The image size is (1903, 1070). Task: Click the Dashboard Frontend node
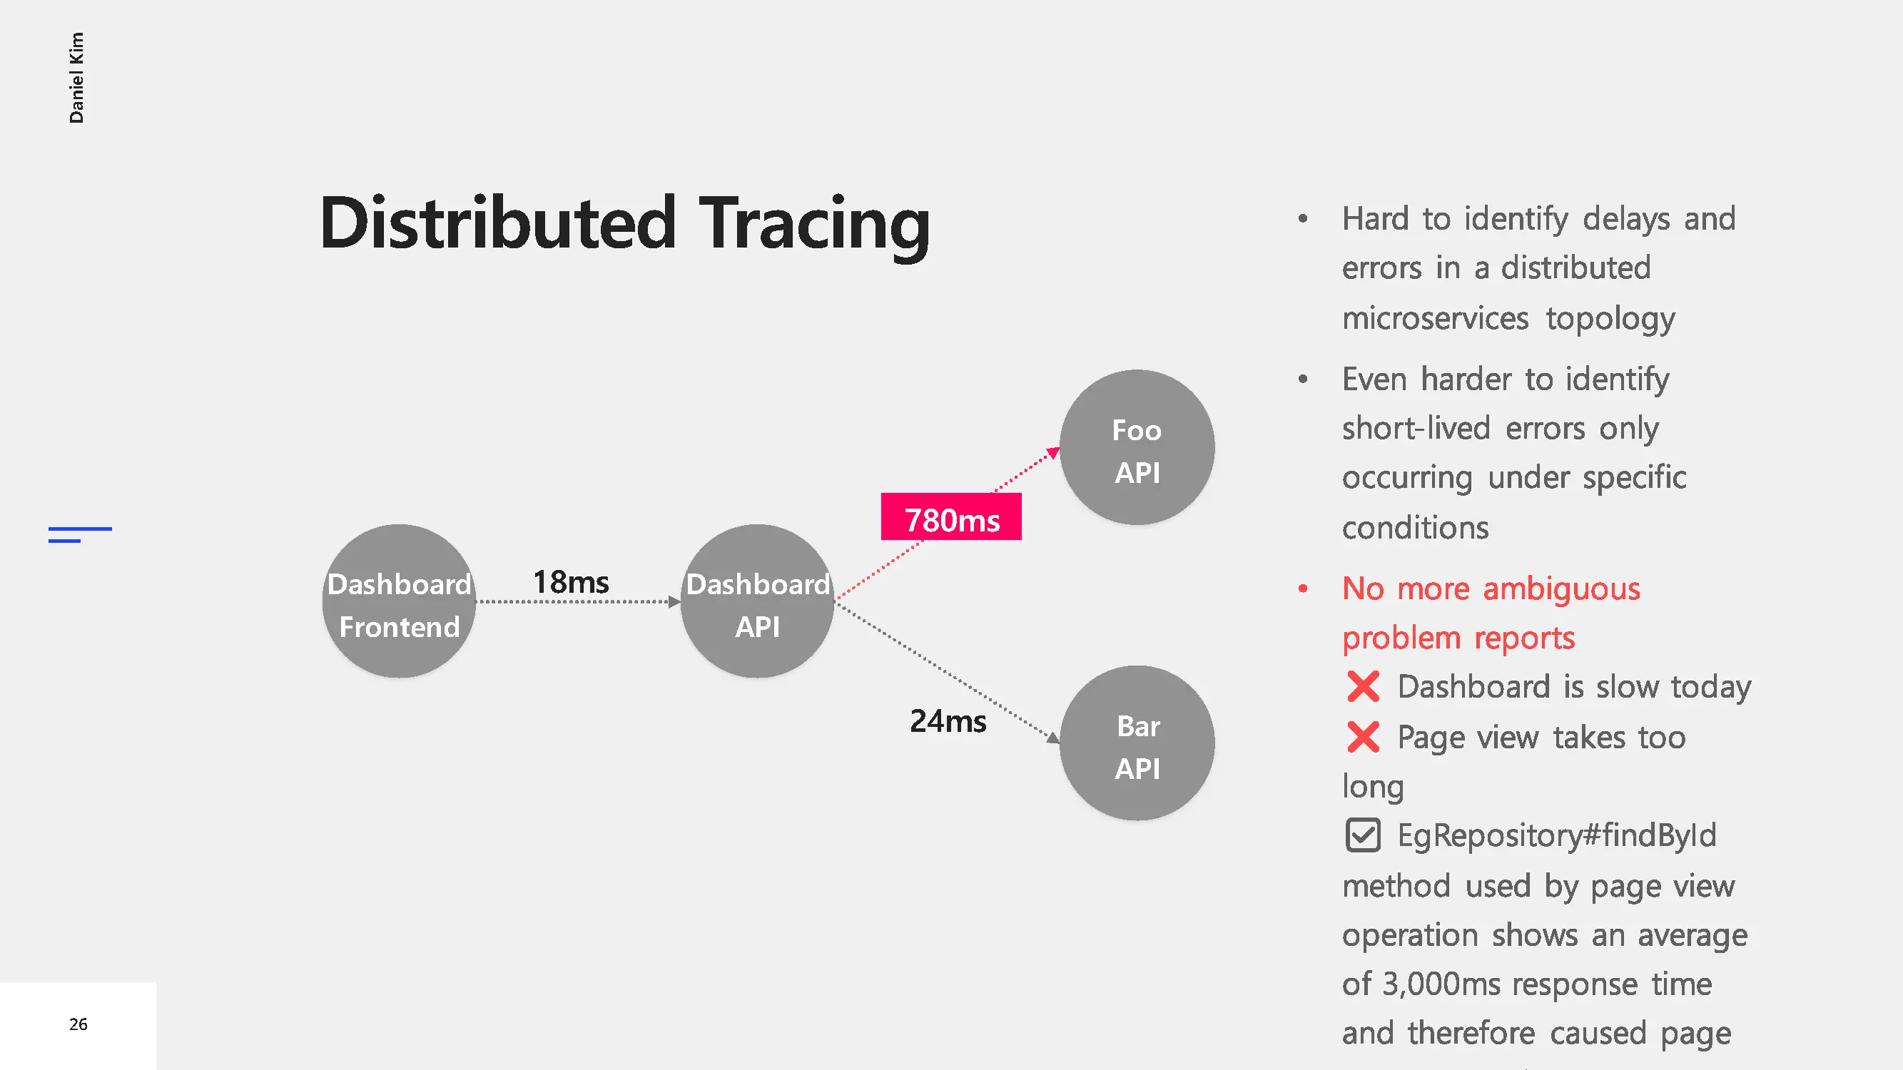point(399,601)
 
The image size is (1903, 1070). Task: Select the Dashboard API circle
point(757,601)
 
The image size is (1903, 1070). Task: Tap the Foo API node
point(1137,447)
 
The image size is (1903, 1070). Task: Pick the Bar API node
point(1137,743)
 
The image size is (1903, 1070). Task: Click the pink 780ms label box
point(952,517)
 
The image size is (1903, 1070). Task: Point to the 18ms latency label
point(571,582)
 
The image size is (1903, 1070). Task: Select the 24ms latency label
point(948,720)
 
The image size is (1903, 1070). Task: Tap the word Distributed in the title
point(498,223)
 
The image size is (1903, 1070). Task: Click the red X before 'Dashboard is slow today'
point(1363,687)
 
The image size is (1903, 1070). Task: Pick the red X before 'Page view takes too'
point(1363,737)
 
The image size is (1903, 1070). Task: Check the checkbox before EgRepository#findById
point(1363,835)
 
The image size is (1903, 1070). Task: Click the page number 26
point(78,1024)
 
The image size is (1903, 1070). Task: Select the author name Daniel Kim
point(76,78)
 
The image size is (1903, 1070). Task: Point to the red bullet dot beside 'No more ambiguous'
point(1303,588)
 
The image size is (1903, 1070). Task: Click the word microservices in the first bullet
point(1436,318)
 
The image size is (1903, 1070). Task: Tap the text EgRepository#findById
point(1557,836)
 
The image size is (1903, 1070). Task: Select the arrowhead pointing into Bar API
point(1053,738)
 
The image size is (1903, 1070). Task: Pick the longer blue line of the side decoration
point(81,529)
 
